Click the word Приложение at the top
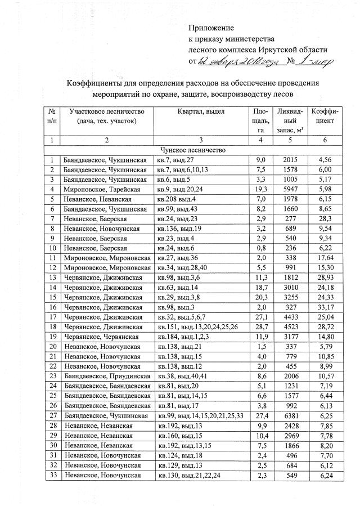click(x=210, y=28)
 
